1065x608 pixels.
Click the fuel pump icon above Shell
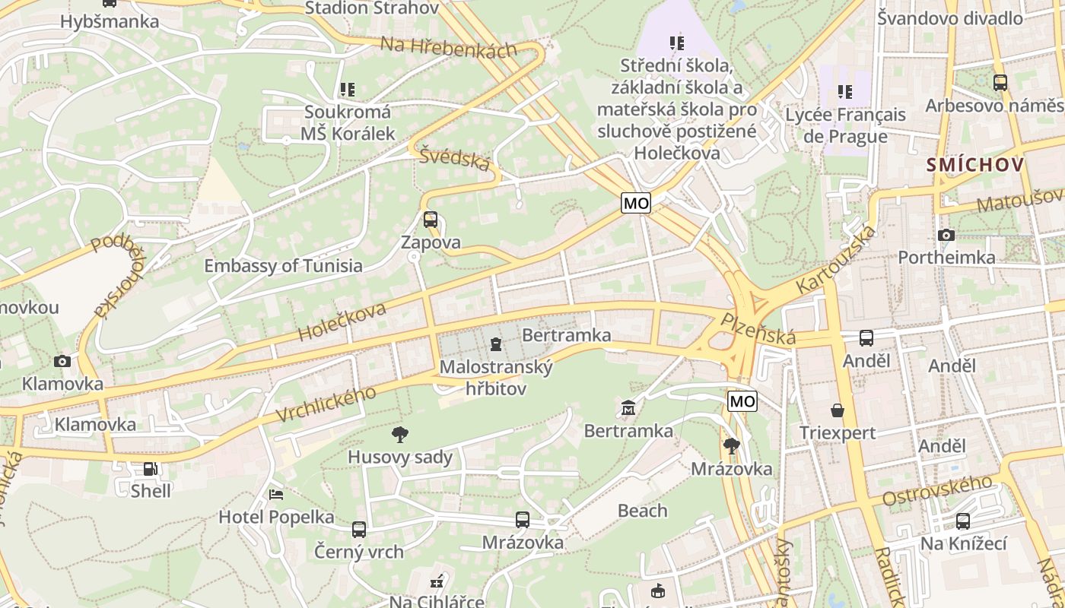tap(151, 469)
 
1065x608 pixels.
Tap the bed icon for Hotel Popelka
tap(276, 495)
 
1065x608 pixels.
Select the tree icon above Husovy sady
tap(399, 435)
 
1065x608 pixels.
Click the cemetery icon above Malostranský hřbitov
tap(496, 344)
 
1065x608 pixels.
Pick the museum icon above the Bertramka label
tap(628, 409)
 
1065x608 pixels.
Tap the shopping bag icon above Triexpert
tap(838, 410)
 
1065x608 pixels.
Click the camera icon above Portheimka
tap(946, 236)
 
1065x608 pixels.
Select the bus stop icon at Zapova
tap(431, 220)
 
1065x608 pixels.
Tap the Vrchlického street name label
tap(326, 404)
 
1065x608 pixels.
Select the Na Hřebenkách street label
tap(448, 46)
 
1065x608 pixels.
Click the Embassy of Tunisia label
tap(283, 266)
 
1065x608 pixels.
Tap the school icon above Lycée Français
tap(845, 92)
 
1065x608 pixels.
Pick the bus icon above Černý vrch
tap(358, 529)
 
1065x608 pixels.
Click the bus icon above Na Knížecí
tap(963, 521)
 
